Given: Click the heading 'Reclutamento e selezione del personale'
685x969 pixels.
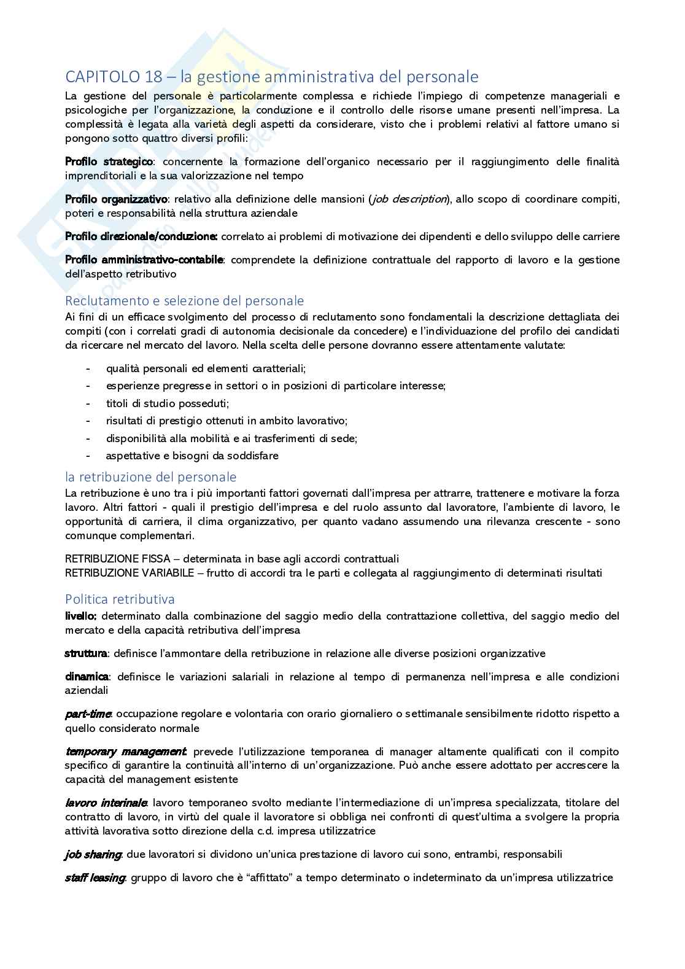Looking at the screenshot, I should (x=184, y=301).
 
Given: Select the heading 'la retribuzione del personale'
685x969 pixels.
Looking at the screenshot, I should (x=150, y=477).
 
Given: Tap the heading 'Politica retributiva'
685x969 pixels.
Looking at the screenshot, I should (x=120, y=599).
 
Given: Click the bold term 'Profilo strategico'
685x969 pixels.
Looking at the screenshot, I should (x=109, y=161).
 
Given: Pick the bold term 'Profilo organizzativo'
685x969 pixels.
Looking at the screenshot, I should (x=116, y=199).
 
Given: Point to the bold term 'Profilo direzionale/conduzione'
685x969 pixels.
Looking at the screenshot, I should (x=141, y=236).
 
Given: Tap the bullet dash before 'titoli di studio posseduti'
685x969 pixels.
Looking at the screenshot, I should (x=89, y=403).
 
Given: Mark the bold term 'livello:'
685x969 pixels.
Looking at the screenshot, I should (x=80, y=616).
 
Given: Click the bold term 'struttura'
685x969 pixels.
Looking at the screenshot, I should (x=86, y=653).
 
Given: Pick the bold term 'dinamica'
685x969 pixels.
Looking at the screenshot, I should (x=87, y=677).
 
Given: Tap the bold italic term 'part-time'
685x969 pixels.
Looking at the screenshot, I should (x=88, y=714).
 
